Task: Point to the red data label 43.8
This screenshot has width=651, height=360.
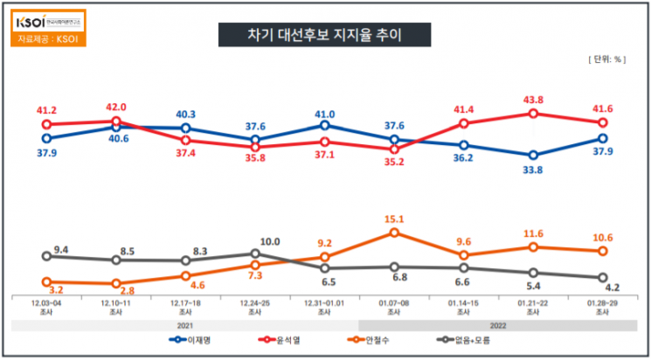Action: click(x=533, y=100)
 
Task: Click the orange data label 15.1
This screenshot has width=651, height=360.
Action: click(x=394, y=219)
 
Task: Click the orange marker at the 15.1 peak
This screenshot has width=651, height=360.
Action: click(x=394, y=232)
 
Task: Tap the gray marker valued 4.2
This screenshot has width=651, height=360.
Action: click(x=602, y=278)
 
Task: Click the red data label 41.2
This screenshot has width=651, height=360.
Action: click(x=46, y=111)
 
